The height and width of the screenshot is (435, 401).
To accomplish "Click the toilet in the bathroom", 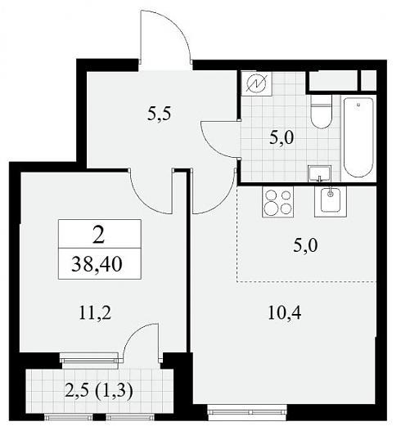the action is pyautogui.click(x=322, y=111).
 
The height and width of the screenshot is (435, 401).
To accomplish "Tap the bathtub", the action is pyautogui.click(x=358, y=137).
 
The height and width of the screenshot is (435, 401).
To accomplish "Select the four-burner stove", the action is pyautogui.click(x=277, y=201).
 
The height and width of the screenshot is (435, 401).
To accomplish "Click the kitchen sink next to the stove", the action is pyautogui.click(x=330, y=201).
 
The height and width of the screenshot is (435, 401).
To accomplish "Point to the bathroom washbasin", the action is pyautogui.click(x=319, y=173).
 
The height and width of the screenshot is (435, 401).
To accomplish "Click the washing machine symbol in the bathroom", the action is pyautogui.click(x=256, y=83).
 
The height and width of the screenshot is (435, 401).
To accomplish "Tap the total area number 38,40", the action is pyautogui.click(x=97, y=264).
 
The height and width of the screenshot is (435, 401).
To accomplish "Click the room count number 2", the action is pyautogui.click(x=98, y=234).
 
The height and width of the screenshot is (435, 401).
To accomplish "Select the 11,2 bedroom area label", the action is pyautogui.click(x=95, y=313).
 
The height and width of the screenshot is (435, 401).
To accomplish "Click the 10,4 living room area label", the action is pyautogui.click(x=285, y=312).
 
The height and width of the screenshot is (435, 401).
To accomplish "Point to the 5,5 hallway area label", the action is pyautogui.click(x=159, y=114).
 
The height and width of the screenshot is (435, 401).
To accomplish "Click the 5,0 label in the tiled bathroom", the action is pyautogui.click(x=282, y=137).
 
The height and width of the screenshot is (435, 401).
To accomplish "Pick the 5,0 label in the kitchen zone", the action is pyautogui.click(x=305, y=246).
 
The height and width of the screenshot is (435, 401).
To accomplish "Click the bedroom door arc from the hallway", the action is pyautogui.click(x=142, y=202).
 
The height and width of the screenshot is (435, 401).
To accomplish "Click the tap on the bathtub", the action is pyautogui.click(x=358, y=105).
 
